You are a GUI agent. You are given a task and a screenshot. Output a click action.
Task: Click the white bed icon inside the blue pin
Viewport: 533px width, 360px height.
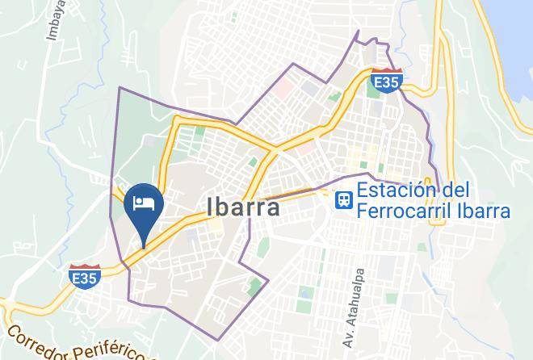click(144, 201)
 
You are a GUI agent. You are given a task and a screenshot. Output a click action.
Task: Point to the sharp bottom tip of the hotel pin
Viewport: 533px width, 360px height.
click(145, 245)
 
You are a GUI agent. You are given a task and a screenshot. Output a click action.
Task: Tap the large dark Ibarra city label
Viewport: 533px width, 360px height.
click(244, 208)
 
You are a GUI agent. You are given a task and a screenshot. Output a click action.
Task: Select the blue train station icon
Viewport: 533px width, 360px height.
click(343, 199)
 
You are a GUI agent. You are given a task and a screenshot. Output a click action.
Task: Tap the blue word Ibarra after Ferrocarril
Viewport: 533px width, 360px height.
click(482, 211)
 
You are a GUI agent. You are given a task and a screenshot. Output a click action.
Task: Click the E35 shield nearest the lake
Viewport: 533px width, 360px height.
click(387, 82)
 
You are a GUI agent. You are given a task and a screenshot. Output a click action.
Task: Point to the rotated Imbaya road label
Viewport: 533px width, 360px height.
click(54, 20)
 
